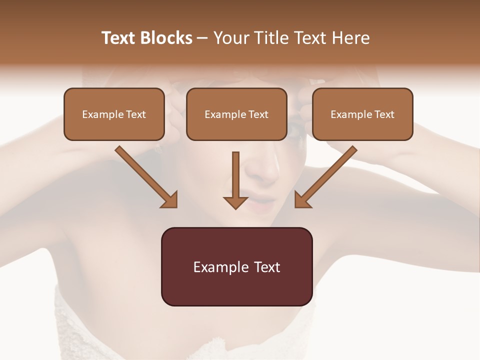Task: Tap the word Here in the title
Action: [349, 38]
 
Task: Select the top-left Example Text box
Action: [114, 114]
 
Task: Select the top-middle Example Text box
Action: [236, 114]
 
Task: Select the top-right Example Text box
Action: [362, 114]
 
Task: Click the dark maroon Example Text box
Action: [236, 266]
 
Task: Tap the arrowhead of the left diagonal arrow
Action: [170, 200]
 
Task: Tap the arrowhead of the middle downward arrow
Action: [235, 202]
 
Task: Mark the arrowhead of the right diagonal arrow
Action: [302, 200]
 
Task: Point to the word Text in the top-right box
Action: [384, 114]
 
